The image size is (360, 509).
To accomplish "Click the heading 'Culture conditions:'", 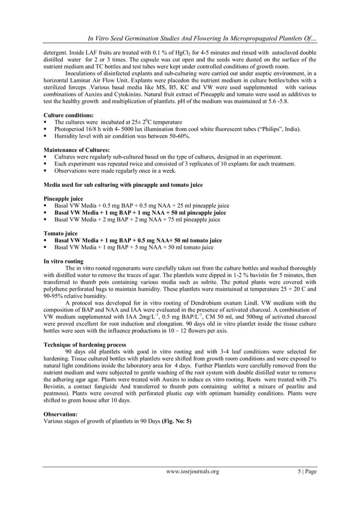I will pyautogui.click(x=68, y=115).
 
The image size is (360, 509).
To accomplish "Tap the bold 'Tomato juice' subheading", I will pyautogui.click(x=61, y=232).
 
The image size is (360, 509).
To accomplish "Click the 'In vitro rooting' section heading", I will pyautogui.click(x=64, y=261).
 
